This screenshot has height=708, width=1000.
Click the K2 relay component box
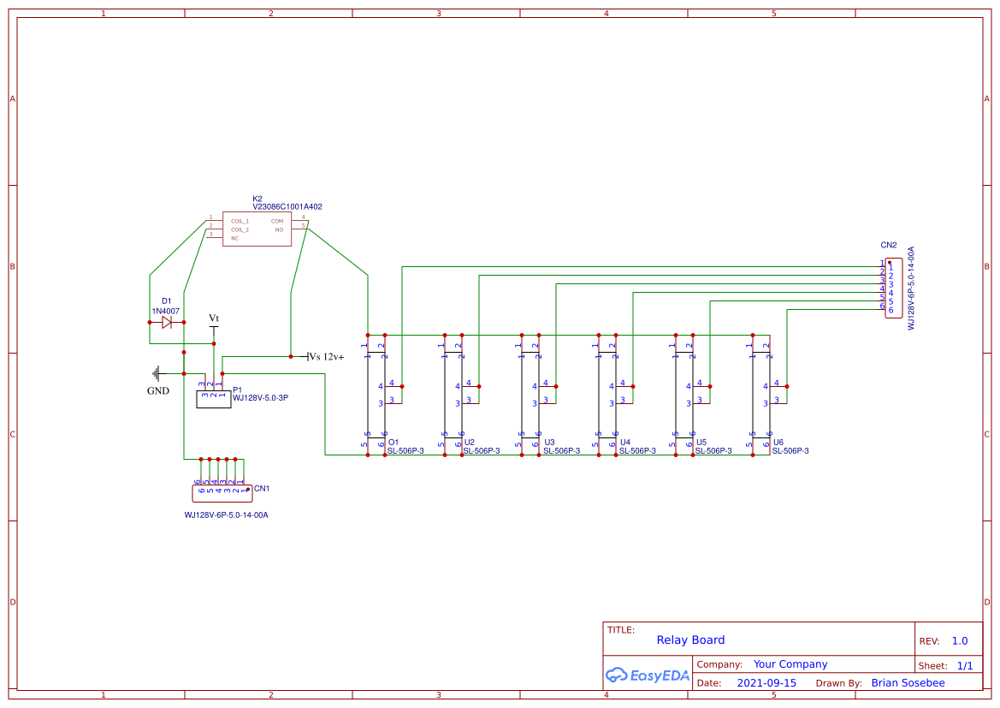(257, 229)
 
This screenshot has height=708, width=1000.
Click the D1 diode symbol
(167, 323)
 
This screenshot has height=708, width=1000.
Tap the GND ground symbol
(157, 373)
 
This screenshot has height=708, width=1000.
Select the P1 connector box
(213, 399)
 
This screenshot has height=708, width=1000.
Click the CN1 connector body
(222, 492)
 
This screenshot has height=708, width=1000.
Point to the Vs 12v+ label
(326, 357)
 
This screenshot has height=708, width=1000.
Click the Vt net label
(214, 318)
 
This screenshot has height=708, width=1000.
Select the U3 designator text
(549, 443)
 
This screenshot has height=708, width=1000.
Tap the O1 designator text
(393, 443)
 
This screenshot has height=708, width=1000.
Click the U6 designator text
(778, 443)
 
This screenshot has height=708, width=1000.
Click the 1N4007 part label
(166, 311)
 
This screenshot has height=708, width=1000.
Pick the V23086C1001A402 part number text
(287, 207)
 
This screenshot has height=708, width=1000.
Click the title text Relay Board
(690, 640)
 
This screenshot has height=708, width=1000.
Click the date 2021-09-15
(766, 683)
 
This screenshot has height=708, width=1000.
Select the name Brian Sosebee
(908, 683)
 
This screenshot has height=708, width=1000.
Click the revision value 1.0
(959, 640)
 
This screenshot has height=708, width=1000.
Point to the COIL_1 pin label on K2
(240, 221)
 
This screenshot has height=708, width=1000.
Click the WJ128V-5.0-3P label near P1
(260, 398)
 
